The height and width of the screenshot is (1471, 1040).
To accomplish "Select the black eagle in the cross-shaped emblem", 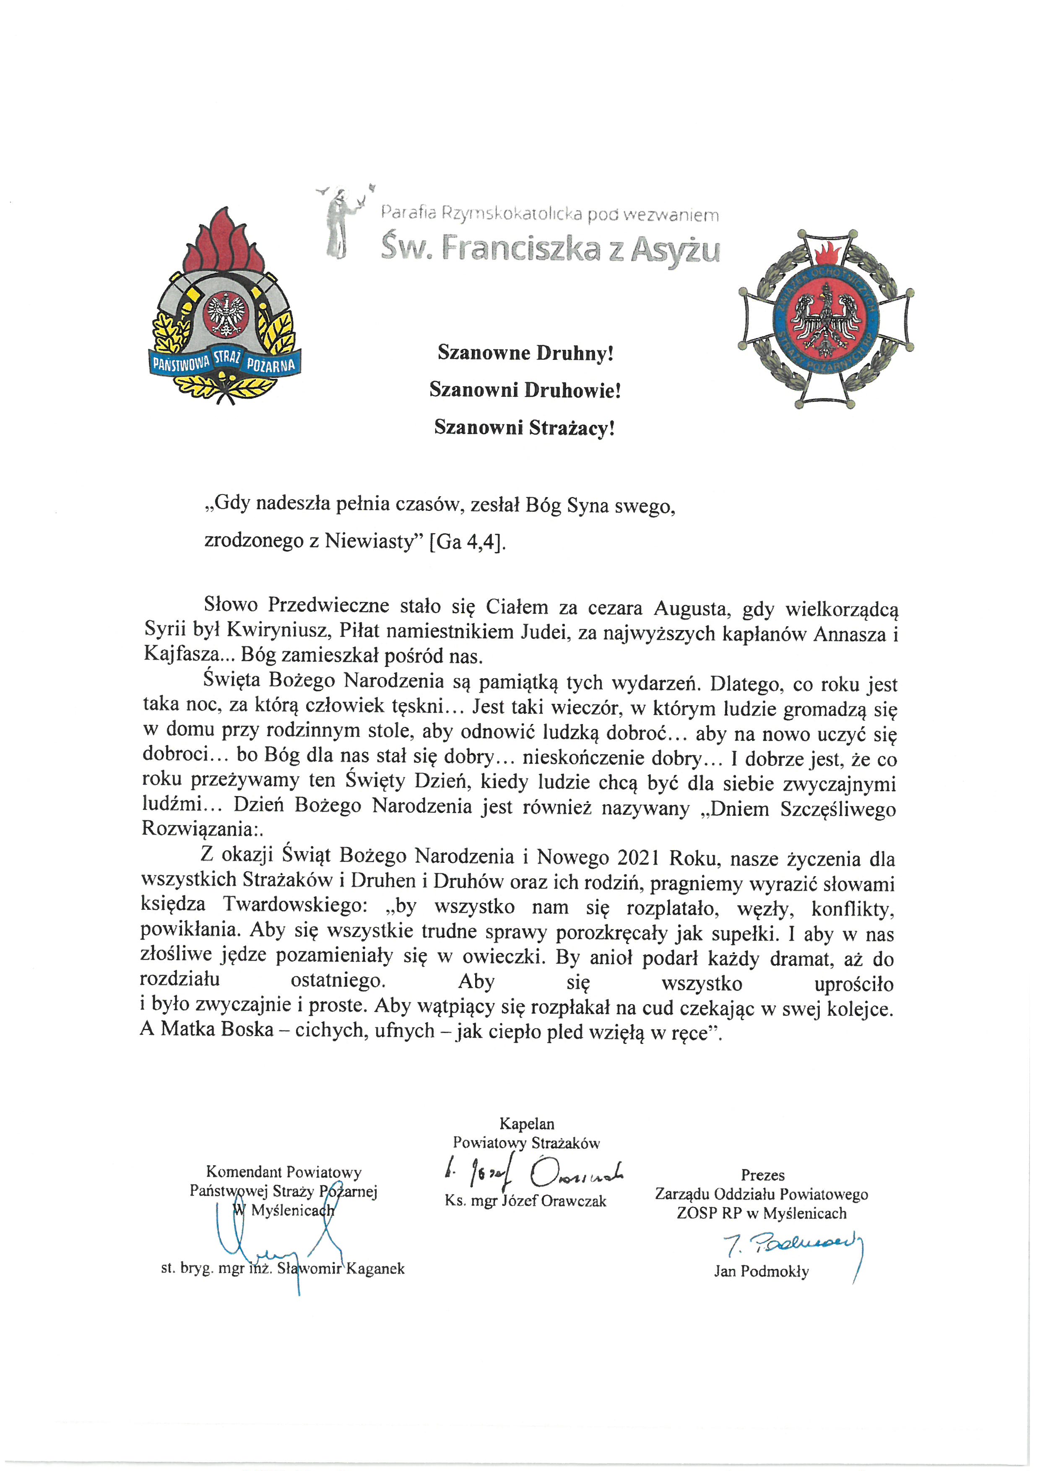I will (827, 321).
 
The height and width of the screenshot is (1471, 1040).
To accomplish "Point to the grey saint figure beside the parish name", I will (339, 224).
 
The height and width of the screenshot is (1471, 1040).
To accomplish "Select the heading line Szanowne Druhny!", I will (525, 353).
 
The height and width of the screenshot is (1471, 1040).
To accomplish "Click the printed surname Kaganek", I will (375, 1268).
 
